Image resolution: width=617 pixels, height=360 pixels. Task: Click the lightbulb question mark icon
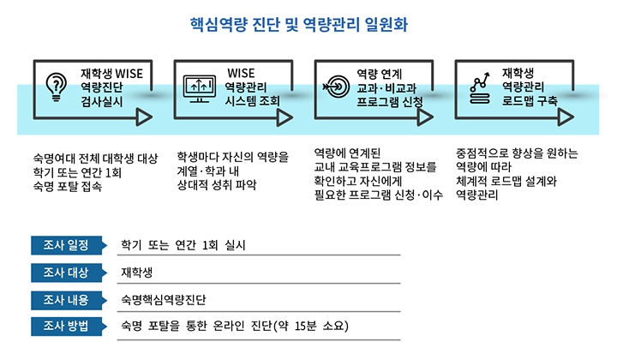click(x=57, y=87)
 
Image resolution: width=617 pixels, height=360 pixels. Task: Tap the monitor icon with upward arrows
click(x=200, y=88)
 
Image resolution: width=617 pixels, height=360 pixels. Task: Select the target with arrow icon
click(x=336, y=87)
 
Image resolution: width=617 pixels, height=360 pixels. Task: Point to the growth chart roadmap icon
click(x=480, y=88)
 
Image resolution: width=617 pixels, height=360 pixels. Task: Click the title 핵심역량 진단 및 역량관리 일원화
click(x=299, y=24)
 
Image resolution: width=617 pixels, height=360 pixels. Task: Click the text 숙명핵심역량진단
click(x=164, y=300)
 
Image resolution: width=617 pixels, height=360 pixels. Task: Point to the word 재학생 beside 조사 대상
click(x=136, y=273)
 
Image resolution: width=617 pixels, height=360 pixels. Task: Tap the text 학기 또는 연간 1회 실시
click(x=183, y=245)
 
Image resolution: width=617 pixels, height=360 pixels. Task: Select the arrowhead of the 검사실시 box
click(x=144, y=117)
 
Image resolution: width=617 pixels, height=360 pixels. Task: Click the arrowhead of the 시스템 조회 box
click(x=285, y=117)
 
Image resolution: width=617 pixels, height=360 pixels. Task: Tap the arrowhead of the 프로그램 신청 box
click(x=425, y=117)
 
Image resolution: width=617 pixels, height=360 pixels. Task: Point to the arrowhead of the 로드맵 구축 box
click(x=566, y=117)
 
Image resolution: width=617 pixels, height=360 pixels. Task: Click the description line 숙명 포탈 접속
click(x=68, y=186)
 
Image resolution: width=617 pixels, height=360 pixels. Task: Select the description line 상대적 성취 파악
click(x=217, y=184)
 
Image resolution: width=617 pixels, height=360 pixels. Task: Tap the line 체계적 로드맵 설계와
click(x=506, y=181)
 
